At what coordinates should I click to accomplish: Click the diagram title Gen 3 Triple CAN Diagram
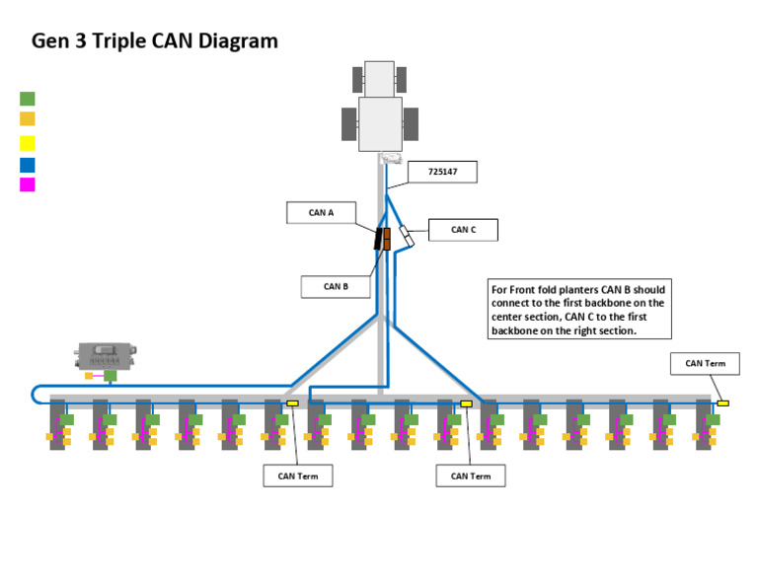point(155,41)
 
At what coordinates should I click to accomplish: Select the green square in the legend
point(28,99)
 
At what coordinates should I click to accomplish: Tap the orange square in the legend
point(28,119)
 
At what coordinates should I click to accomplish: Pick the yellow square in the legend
point(28,143)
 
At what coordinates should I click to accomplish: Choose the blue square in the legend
point(28,165)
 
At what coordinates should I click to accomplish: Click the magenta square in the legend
point(28,184)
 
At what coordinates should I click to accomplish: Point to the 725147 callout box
point(441,172)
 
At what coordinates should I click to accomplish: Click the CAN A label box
point(321,213)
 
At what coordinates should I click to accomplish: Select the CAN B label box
point(336,287)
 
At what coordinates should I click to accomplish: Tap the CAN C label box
point(463,230)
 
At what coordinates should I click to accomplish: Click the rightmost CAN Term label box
point(705,363)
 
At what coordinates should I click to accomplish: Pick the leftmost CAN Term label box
point(297,476)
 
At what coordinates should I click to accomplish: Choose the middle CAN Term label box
point(471,476)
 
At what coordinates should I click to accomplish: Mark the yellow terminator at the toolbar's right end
point(722,403)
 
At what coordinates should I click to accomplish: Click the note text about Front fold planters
point(579,310)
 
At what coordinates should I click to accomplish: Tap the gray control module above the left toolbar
point(107,355)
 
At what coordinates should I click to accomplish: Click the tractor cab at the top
point(380,122)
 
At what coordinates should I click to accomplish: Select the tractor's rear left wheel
point(348,124)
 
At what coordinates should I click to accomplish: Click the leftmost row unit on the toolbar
point(57,424)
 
